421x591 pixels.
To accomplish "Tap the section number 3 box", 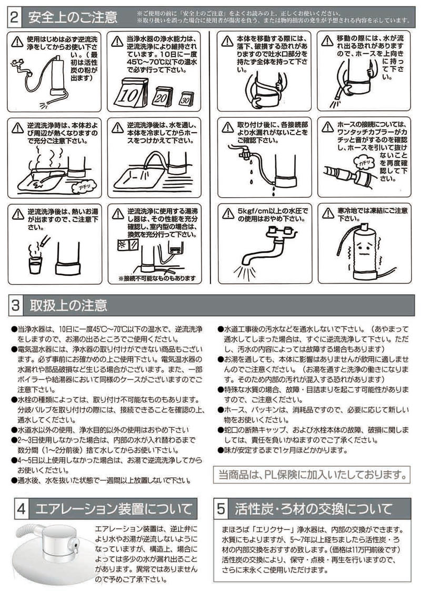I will [15, 305].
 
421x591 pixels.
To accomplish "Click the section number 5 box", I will [222, 508].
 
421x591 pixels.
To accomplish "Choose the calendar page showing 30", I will [185, 98].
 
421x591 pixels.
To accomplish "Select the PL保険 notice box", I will [311, 475].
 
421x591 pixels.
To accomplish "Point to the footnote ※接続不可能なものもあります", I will [157, 277].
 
